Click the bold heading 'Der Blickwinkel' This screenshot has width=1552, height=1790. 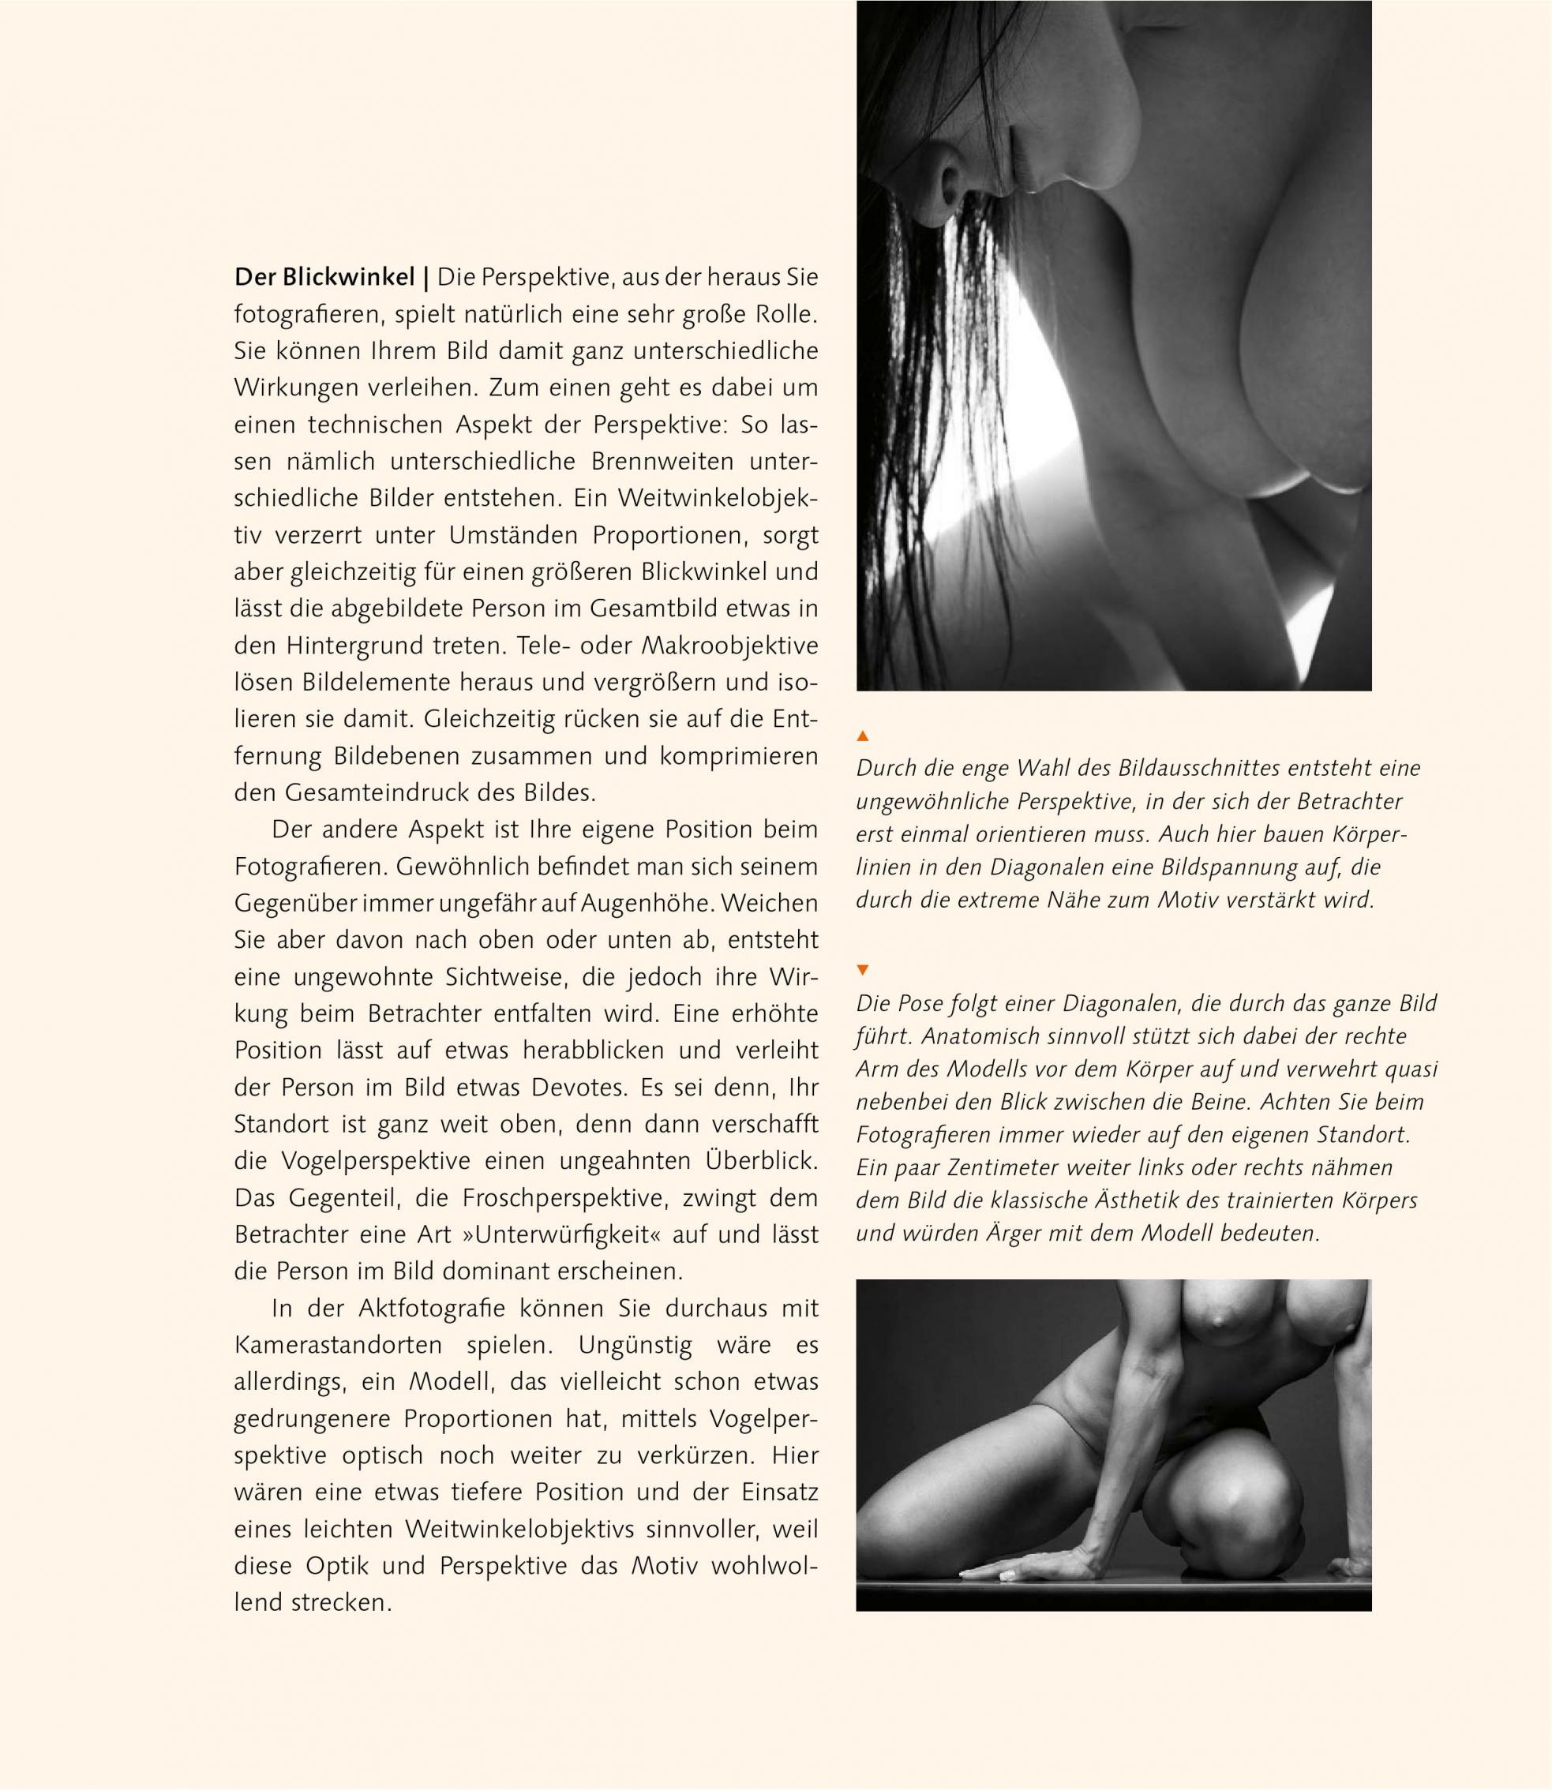click(324, 278)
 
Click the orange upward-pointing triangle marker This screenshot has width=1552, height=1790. click(862, 736)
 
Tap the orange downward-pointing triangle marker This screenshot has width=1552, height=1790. click(862, 970)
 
